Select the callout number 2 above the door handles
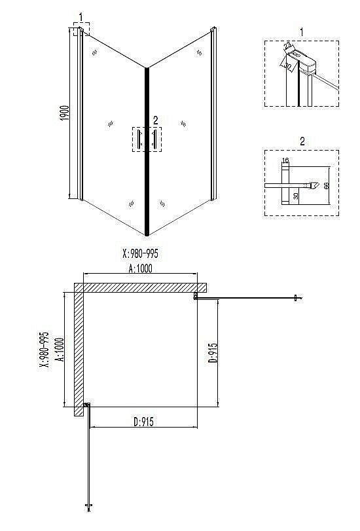[x=155, y=120]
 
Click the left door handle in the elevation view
[x=138, y=139]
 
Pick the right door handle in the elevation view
[x=154, y=139]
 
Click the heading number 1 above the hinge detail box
[x=301, y=31]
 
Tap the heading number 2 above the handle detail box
[x=302, y=141]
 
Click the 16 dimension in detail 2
[x=285, y=160]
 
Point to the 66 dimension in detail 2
[x=326, y=186]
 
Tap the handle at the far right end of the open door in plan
[x=297, y=299]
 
